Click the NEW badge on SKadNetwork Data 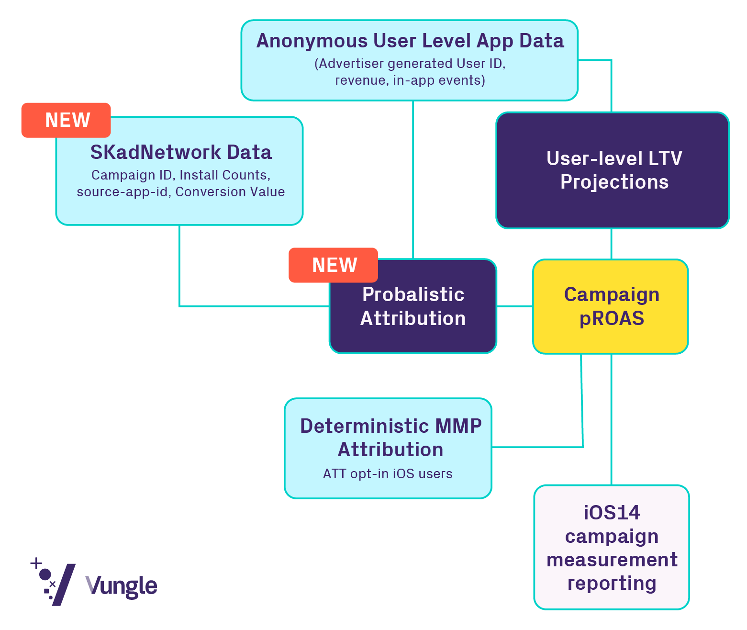tap(67, 120)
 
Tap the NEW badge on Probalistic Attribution tap(334, 265)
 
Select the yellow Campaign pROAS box tap(611, 306)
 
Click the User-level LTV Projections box tap(613, 170)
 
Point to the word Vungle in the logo tap(122, 586)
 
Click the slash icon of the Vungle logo tap(63, 585)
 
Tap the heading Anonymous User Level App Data tap(410, 41)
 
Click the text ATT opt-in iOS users tap(388, 474)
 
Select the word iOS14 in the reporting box tap(612, 513)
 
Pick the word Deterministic tap(358, 426)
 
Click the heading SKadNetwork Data tap(181, 152)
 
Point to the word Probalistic tap(413, 294)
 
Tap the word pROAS tap(612, 319)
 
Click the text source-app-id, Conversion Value tap(181, 192)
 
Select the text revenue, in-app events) tap(410, 80)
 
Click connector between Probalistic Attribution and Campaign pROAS tap(514, 306)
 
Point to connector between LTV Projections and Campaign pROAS tap(611, 244)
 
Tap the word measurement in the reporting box tap(612, 560)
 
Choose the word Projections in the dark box tap(614, 182)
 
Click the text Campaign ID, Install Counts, tap(181, 175)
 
